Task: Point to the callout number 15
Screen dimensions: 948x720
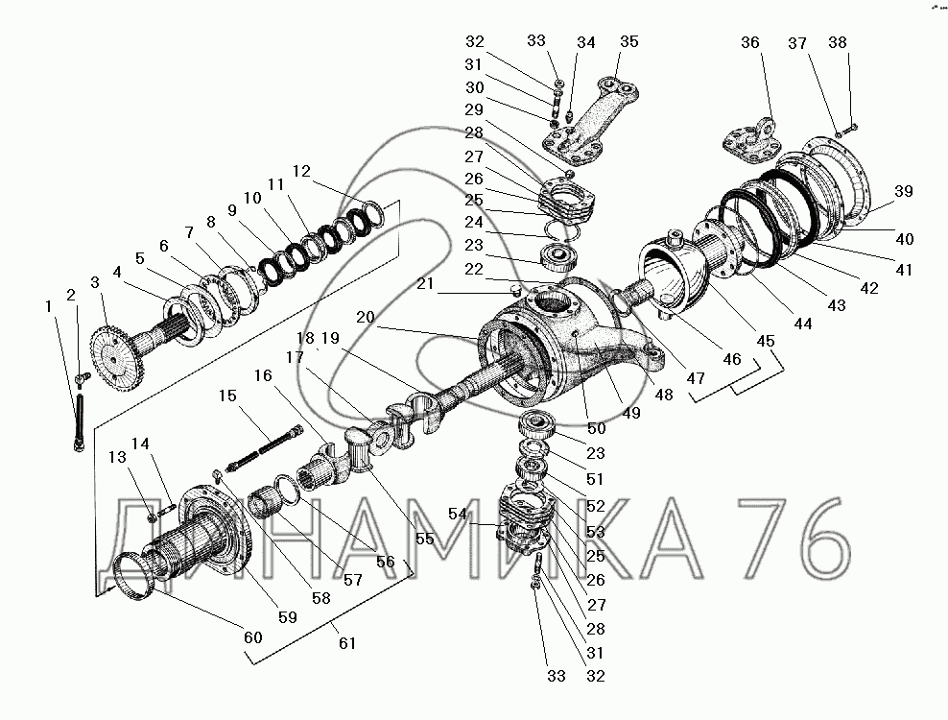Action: point(226,395)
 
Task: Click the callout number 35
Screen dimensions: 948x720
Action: point(628,41)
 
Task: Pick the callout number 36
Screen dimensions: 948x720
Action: point(750,41)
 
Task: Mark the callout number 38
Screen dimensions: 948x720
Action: point(838,42)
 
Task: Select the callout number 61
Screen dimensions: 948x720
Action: point(347,643)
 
